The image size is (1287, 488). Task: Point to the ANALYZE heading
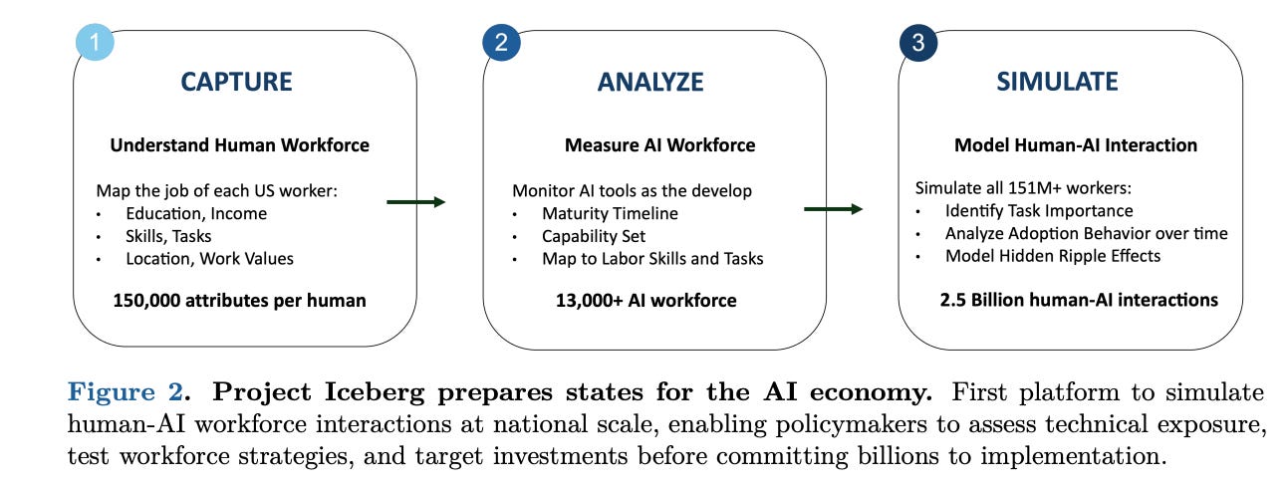pyautogui.click(x=650, y=82)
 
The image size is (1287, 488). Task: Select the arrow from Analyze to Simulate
pyautogui.click(x=833, y=209)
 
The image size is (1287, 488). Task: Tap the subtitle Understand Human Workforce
pyautogui.click(x=239, y=145)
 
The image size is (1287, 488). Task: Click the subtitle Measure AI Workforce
pyautogui.click(x=659, y=145)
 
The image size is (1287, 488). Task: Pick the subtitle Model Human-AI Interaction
pyautogui.click(x=1076, y=145)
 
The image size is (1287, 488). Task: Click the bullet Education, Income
pyautogui.click(x=196, y=213)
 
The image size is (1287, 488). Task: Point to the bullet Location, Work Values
pyautogui.click(x=209, y=259)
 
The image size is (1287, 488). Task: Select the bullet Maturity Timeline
pyautogui.click(x=610, y=213)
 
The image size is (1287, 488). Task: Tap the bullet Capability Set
pyautogui.click(x=594, y=236)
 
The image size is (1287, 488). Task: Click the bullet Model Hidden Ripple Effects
pyautogui.click(x=1053, y=256)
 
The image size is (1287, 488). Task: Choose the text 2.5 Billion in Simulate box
pyautogui.click(x=990, y=300)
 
